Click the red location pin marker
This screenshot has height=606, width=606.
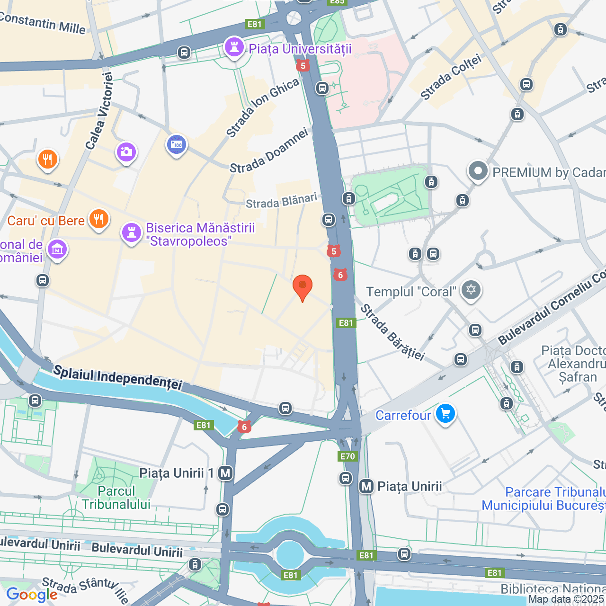coord(303,286)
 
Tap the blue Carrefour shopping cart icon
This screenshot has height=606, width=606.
coord(445,414)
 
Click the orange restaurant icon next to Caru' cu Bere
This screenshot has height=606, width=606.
coord(98,219)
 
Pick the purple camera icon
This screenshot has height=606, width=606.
coord(126,152)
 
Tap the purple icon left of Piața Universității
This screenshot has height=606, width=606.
coord(234,47)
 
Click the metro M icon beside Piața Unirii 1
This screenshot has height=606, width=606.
coord(225,473)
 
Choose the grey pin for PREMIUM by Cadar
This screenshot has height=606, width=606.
coord(478,171)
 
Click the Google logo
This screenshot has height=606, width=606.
coord(32,595)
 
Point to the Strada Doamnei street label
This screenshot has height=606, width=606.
coord(269,151)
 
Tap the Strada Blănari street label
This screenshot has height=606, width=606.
coord(281,201)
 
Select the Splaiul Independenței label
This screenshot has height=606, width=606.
coord(117,377)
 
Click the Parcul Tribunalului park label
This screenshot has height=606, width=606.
coord(116,498)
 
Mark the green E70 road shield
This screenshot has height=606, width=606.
coord(348,456)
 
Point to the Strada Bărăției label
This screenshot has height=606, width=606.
coord(392,332)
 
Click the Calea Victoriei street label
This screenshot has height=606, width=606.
coord(99,111)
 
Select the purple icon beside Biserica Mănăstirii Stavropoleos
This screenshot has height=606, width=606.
coord(132,233)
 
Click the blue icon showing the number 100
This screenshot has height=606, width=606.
coord(177,145)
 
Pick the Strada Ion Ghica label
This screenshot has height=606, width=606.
coord(263,107)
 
